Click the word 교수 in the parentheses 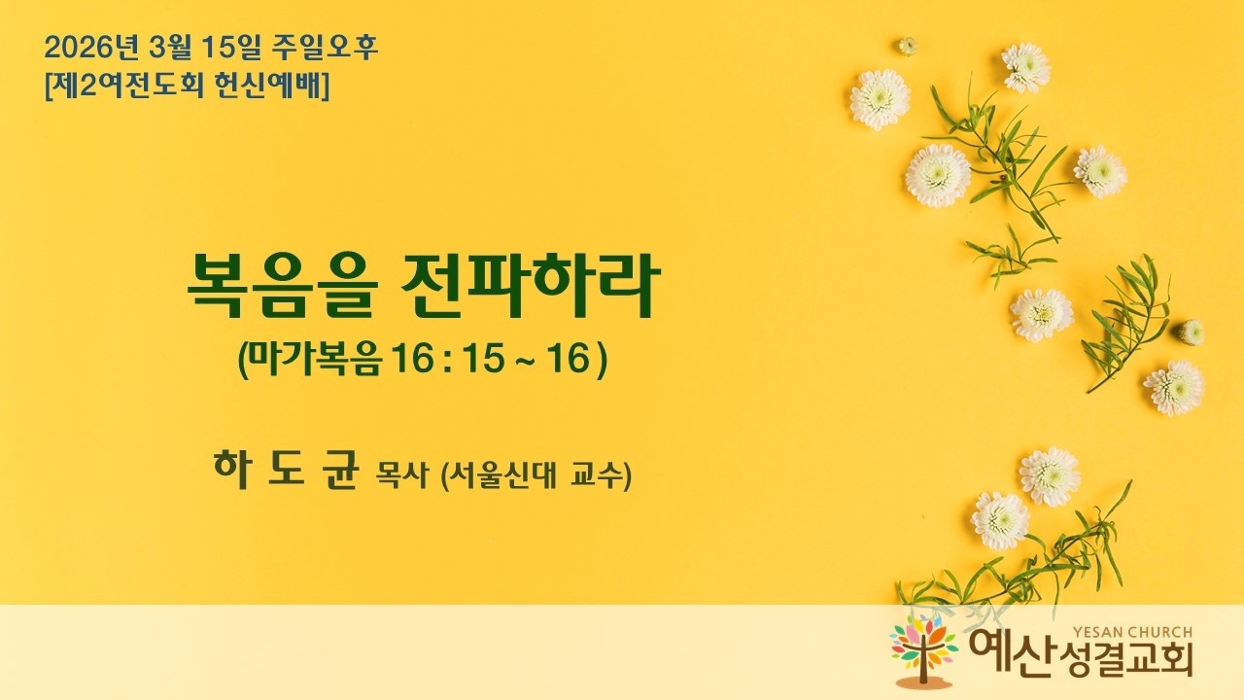pyautogui.click(x=595, y=477)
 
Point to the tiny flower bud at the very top pyautogui.click(x=907, y=46)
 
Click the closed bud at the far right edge pyautogui.click(x=1191, y=332)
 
